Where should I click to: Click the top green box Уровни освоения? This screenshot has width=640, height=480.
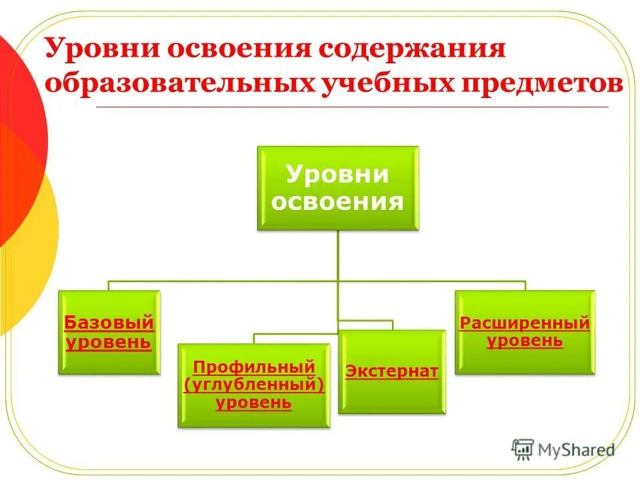[x=337, y=189]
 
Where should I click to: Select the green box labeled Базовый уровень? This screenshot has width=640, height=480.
[x=109, y=332]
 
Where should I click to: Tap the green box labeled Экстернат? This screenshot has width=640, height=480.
[x=391, y=371]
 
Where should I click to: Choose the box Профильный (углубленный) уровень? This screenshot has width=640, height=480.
[x=253, y=385]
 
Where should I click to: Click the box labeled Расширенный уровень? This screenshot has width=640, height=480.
[x=525, y=332]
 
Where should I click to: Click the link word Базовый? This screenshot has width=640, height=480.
[x=109, y=323]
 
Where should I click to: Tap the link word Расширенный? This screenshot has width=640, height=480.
[x=525, y=323]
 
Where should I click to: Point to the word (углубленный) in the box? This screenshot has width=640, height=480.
[x=253, y=385]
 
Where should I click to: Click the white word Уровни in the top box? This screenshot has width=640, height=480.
[x=337, y=175]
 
